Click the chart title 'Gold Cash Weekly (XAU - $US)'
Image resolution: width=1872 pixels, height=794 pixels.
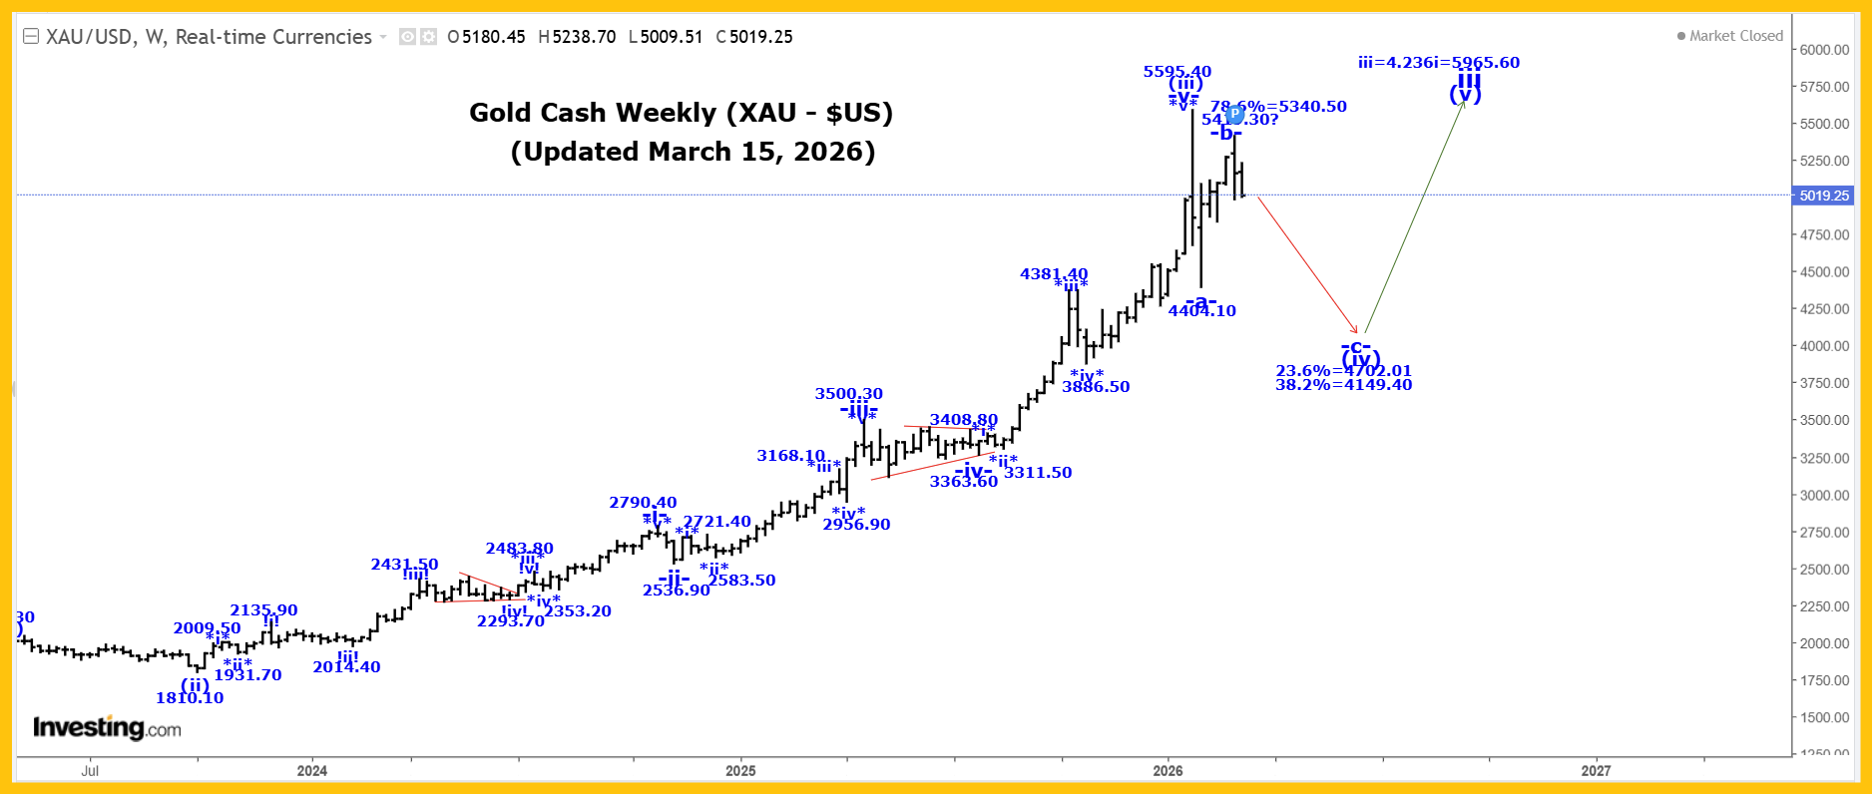coord(681,113)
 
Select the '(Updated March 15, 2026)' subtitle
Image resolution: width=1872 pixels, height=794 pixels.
coord(693,152)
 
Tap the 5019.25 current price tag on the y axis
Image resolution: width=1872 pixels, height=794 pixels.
coord(1824,196)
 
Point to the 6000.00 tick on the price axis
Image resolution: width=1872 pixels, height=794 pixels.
coord(1824,50)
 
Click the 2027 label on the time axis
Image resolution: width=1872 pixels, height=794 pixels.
coord(1596,770)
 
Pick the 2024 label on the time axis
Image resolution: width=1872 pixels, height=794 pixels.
coord(312,770)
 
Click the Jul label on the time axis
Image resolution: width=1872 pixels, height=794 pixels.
coord(90,770)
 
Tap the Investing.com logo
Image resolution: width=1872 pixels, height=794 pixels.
coord(108,728)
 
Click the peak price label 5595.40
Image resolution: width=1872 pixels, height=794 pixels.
coord(1177,71)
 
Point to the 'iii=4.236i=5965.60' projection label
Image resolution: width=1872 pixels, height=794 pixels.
coord(1439,62)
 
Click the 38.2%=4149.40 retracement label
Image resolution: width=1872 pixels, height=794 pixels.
coord(1343,385)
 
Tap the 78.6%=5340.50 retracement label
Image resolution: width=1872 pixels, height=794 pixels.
coord(1279,106)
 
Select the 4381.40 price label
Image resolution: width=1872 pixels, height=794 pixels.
coord(1054,273)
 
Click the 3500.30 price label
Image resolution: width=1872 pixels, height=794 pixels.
coord(849,393)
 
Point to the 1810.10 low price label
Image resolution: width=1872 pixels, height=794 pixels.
coord(190,697)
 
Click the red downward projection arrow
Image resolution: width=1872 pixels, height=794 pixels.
coord(1307,264)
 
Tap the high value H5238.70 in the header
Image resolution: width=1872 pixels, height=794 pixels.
coord(578,37)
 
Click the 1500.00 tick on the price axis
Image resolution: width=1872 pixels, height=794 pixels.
coord(1824,717)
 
